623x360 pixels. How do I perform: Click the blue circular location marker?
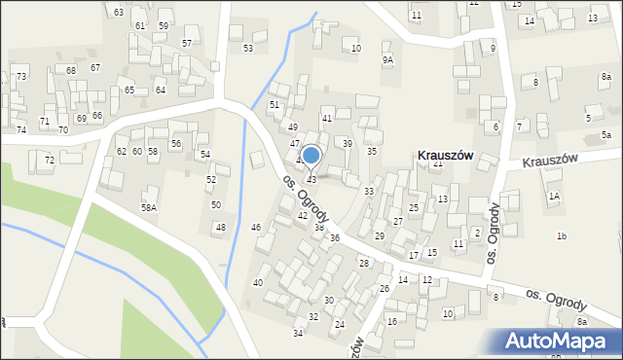(311, 154)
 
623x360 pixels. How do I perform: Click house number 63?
(119, 12)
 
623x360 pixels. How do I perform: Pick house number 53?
(248, 48)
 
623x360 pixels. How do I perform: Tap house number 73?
(20, 76)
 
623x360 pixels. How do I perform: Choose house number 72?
(49, 160)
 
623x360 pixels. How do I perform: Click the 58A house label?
(148, 207)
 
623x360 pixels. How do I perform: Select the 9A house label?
(387, 60)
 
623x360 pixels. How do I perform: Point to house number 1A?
(554, 197)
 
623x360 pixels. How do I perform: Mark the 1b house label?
(562, 236)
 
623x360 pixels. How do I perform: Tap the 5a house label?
(605, 134)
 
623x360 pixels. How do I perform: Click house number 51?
(275, 104)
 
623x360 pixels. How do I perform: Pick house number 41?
(327, 118)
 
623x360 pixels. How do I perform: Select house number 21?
(438, 163)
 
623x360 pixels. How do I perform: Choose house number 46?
(256, 227)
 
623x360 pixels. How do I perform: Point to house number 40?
(258, 282)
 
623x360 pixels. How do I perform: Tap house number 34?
(298, 333)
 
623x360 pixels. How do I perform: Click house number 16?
(392, 321)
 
